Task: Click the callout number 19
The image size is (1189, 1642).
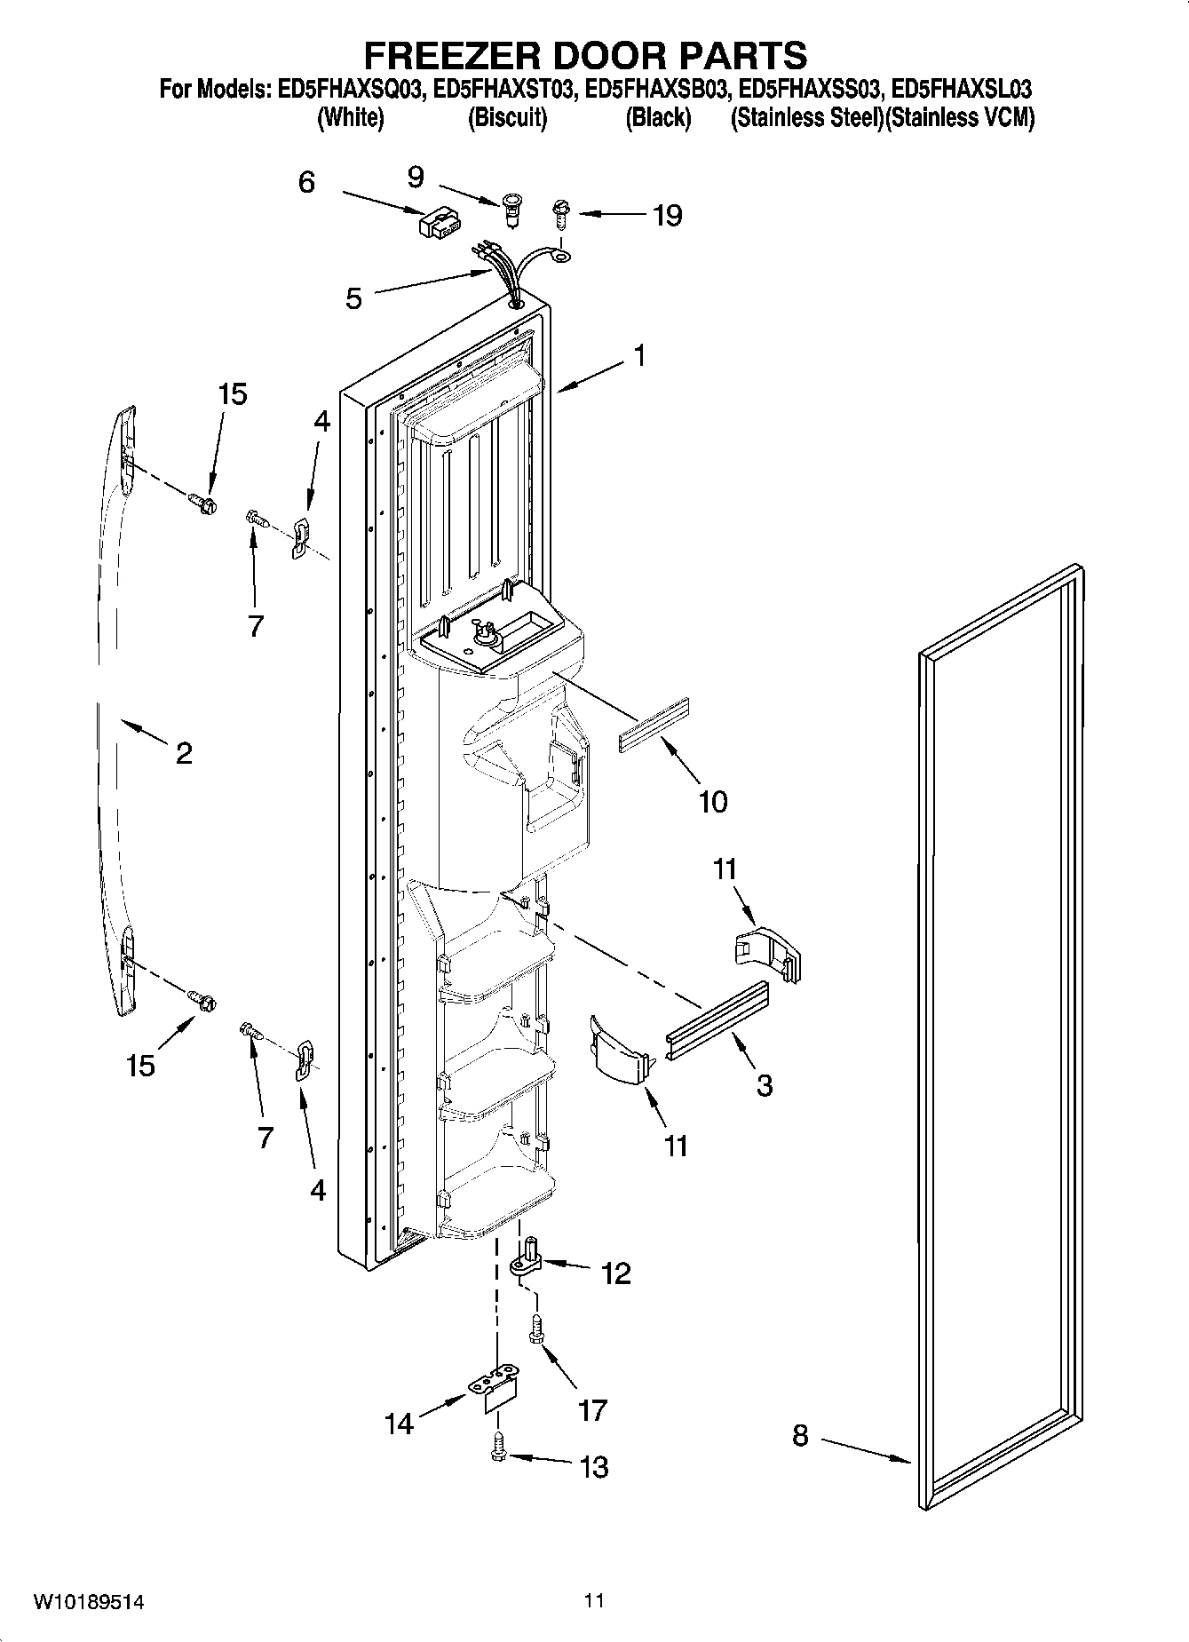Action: coord(667,215)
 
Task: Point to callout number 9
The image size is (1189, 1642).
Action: coord(416,178)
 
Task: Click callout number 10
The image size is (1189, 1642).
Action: coord(713,801)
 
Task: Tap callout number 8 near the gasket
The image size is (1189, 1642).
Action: coord(800,1436)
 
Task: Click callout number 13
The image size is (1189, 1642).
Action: coord(593,1467)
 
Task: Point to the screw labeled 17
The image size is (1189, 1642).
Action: coord(536,1329)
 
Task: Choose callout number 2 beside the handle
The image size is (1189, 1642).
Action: coord(183,753)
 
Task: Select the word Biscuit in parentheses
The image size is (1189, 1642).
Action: coord(507,117)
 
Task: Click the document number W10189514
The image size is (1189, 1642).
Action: coord(89,1603)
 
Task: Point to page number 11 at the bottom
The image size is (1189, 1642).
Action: coord(594,1601)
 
